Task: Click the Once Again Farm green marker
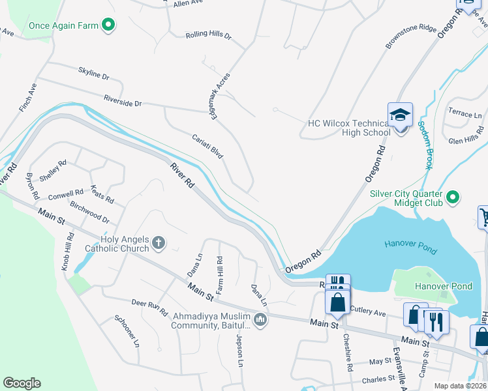109,26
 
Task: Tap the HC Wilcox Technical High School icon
401,117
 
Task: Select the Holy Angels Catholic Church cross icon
158,244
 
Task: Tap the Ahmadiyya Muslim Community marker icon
260,319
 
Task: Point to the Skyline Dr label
93,73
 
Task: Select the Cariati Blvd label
208,147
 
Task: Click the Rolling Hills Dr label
208,35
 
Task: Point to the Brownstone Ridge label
410,38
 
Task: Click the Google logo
22,383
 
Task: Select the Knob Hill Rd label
68,251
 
